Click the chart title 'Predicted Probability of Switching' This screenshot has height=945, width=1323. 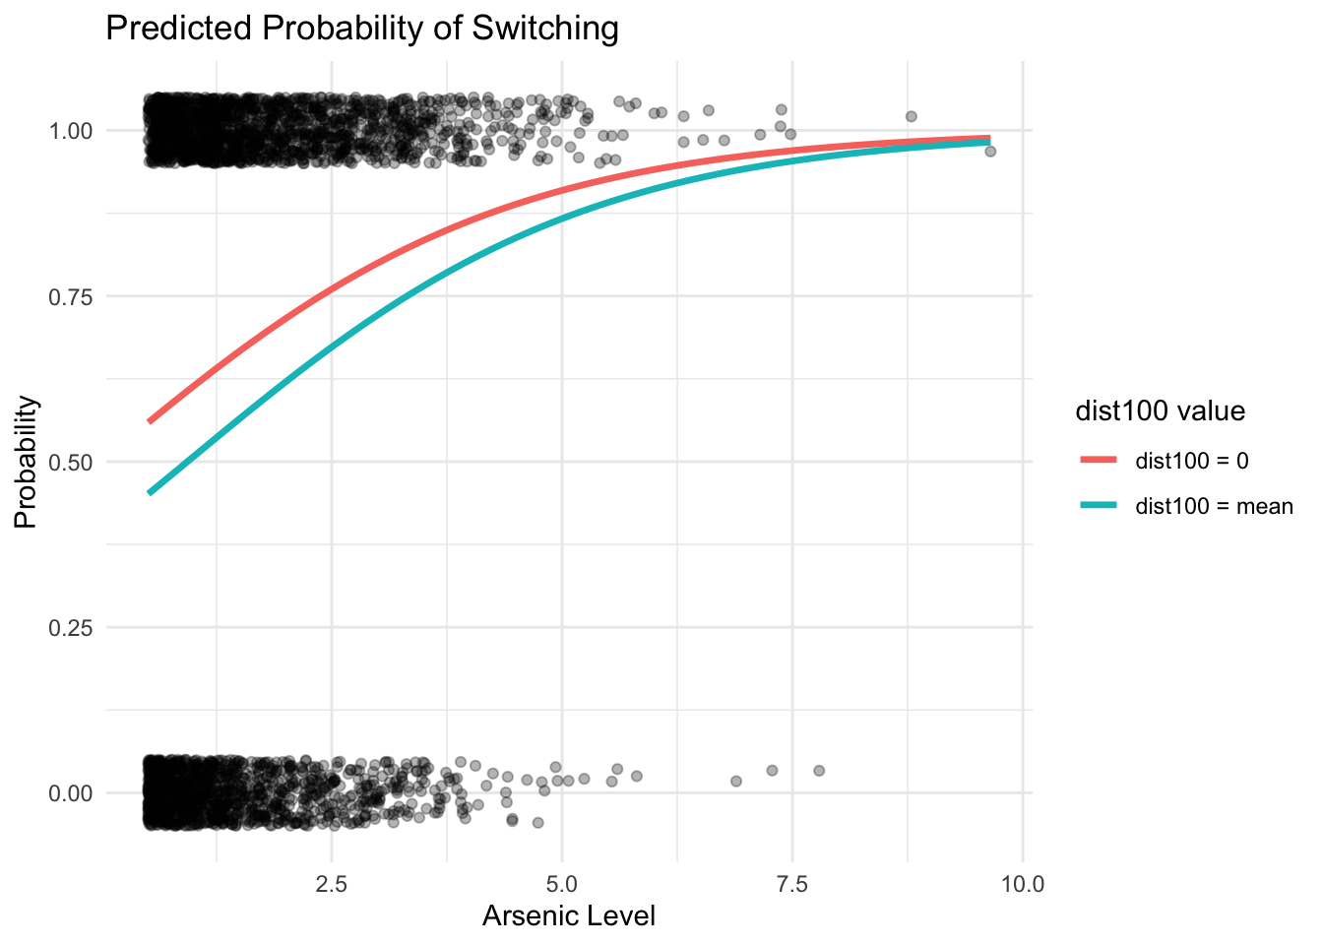pos(361,29)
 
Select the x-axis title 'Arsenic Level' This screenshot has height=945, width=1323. pos(568,916)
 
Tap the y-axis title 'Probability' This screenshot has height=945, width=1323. pos(26,462)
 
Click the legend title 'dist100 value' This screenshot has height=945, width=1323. pos(1160,411)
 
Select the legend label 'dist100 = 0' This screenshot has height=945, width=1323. pos(1192,460)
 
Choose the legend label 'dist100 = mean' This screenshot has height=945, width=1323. pos(1214,506)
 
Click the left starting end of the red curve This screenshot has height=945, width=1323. pos(150,421)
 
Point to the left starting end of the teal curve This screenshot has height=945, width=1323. pos(150,492)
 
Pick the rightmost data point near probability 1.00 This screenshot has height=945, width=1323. pos(990,151)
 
